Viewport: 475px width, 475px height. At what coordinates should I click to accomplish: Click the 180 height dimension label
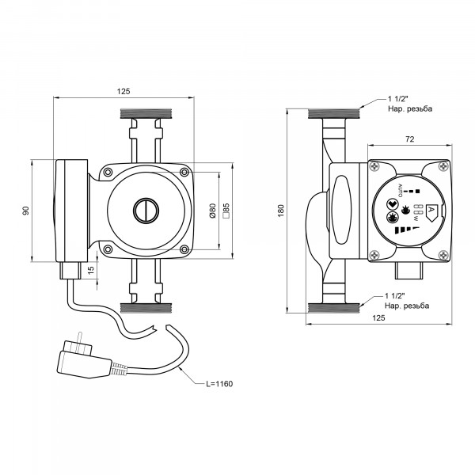[281, 211]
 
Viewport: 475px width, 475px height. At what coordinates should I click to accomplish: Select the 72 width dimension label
[409, 139]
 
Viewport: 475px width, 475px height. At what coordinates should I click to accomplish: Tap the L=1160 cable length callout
[219, 384]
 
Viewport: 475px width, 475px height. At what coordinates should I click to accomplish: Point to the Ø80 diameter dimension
[213, 211]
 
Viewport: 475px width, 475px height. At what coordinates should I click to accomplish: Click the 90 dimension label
[26, 211]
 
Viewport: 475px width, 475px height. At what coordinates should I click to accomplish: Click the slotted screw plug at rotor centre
[146, 211]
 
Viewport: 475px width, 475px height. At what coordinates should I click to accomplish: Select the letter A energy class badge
[432, 211]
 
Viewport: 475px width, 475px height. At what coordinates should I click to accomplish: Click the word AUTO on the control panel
[400, 191]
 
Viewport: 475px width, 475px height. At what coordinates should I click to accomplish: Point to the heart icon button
[392, 204]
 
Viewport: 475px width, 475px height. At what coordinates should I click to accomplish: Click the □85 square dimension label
[226, 211]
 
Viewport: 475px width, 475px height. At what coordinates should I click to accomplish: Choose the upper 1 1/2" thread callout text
[410, 104]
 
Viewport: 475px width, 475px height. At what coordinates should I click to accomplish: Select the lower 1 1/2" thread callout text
[407, 301]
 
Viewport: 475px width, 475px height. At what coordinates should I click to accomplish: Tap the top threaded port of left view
[146, 113]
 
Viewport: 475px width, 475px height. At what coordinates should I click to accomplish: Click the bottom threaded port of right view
[333, 308]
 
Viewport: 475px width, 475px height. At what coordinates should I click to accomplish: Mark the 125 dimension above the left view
[123, 91]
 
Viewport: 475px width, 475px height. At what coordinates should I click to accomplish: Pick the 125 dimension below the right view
[378, 317]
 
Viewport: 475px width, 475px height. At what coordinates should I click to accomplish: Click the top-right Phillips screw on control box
[443, 166]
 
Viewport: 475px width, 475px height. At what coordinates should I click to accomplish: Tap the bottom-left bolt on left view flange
[108, 249]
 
